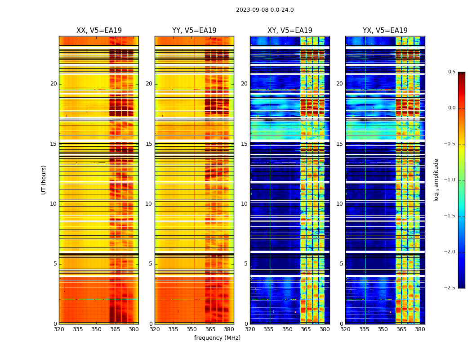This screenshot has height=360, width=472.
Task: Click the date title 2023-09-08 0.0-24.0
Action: pyautogui.click(x=265, y=10)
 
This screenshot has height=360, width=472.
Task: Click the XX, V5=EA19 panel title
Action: pyautogui.click(x=99, y=31)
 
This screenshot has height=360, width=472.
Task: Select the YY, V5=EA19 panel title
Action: pyautogui.click(x=194, y=31)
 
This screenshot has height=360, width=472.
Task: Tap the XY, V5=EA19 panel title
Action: pyautogui.click(x=290, y=31)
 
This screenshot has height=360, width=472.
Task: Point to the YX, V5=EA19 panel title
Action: pyautogui.click(x=385, y=31)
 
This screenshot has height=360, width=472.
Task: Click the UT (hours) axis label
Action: pyautogui.click(x=44, y=180)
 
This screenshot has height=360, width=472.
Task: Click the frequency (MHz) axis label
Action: pyautogui.click(x=217, y=338)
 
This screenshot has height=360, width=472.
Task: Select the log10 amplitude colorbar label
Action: pyautogui.click(x=436, y=180)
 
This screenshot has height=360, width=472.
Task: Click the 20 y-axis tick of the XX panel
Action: pyautogui.click(x=53, y=84)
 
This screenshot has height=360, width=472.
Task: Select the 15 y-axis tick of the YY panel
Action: pyautogui.click(x=149, y=144)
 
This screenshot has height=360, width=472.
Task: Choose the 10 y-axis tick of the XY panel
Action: pyautogui.click(x=244, y=204)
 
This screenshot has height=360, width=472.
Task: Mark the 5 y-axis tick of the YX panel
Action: pyautogui.click(x=341, y=264)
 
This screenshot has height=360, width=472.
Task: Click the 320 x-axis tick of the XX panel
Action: pyautogui.click(x=59, y=329)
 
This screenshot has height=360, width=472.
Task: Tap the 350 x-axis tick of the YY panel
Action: pyautogui.click(x=192, y=329)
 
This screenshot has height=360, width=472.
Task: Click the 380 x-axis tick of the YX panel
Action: pyautogui.click(x=420, y=329)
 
